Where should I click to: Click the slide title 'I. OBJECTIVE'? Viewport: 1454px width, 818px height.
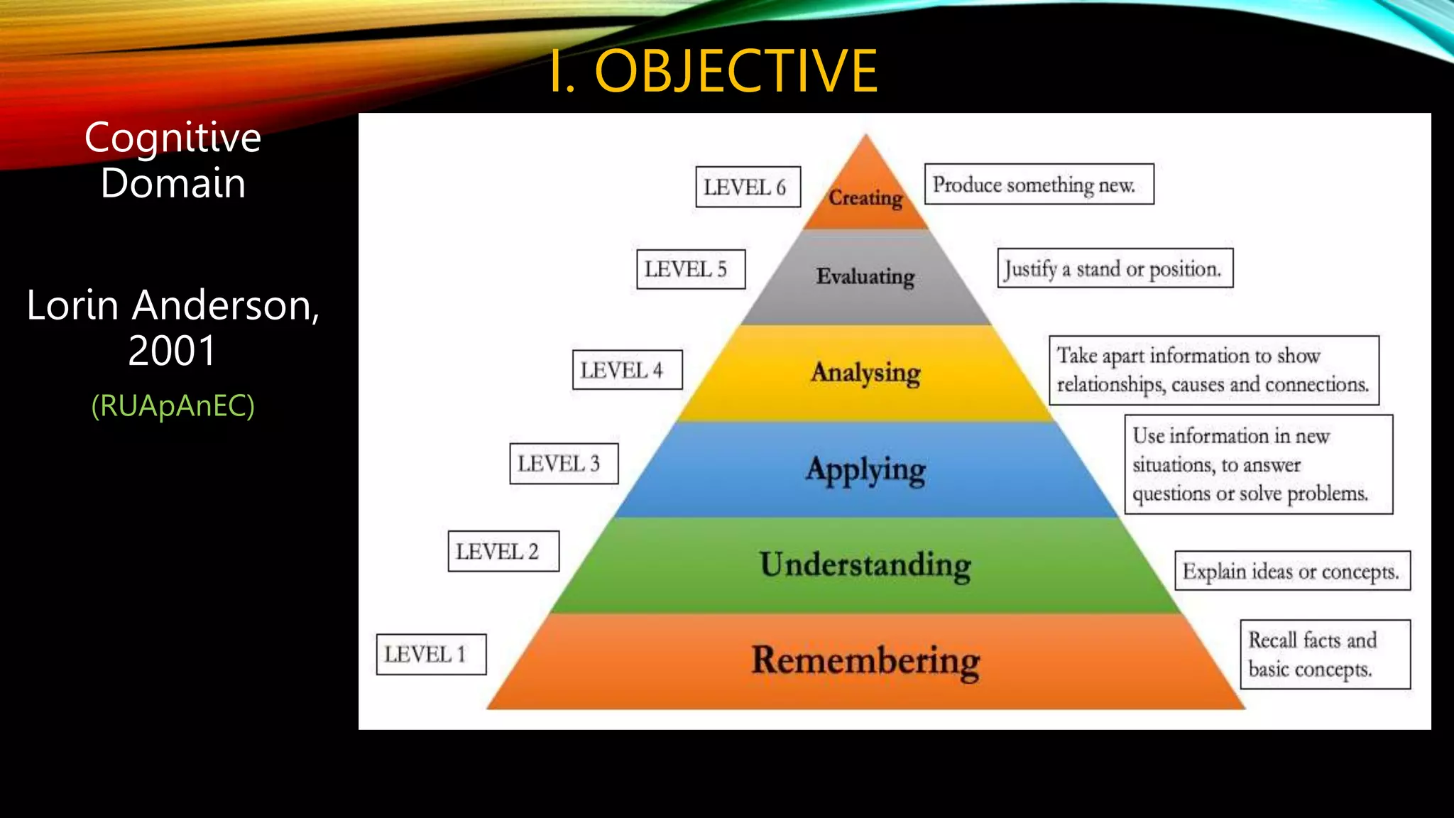pos(714,71)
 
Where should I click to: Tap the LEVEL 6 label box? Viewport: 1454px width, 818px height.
pos(748,187)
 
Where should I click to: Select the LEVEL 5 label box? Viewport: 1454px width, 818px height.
pos(690,269)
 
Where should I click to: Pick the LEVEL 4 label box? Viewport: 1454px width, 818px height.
pos(627,370)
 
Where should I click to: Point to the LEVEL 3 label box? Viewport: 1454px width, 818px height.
pos(564,464)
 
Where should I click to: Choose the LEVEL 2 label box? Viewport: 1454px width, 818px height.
pos(503,551)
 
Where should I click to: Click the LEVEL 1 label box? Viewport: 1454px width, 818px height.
pos(431,654)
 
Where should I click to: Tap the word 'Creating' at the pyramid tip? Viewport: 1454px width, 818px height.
pos(865,197)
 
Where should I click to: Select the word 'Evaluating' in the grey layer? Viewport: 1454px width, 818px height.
pos(865,276)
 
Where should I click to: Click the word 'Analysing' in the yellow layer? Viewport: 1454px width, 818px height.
pos(865,372)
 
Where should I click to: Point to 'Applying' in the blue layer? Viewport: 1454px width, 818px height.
pos(865,469)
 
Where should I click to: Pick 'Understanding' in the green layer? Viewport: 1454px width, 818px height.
pos(865,565)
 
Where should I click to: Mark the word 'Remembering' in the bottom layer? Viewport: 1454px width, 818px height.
pos(865,660)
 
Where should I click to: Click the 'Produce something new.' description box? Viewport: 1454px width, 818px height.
pos(1039,185)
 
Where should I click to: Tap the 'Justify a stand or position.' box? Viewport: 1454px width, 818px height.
pos(1115,268)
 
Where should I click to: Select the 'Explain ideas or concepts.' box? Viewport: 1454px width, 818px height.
pos(1292,571)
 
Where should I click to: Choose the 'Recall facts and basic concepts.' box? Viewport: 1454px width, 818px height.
pos(1325,655)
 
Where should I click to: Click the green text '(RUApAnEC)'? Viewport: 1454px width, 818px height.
pos(173,405)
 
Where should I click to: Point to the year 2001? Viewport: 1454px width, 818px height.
pos(172,350)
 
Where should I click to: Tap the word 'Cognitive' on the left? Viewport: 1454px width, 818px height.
pos(173,137)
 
